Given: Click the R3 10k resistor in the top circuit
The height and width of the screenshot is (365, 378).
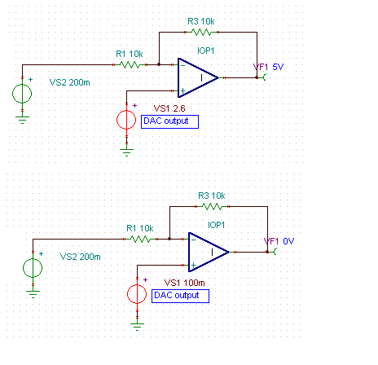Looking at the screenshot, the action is point(201,33).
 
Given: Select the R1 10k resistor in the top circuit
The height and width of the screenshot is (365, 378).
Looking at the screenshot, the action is point(130,64).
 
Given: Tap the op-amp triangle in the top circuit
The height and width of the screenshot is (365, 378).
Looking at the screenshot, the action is point(198,77).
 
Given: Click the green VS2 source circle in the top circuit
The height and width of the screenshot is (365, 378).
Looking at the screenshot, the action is point(22,94).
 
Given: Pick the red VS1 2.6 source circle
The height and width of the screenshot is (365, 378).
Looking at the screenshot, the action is point(126,120).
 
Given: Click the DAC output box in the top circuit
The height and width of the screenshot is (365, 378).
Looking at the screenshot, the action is point(169,121).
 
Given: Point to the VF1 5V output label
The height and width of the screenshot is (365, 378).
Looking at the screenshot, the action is point(268,67).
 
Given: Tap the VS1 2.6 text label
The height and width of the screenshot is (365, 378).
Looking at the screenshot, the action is point(169,108).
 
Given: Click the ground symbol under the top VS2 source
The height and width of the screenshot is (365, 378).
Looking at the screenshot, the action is point(22,120).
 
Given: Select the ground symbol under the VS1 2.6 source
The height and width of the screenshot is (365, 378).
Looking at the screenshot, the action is point(126,152).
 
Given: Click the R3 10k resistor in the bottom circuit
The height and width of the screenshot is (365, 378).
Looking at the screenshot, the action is point(212,207).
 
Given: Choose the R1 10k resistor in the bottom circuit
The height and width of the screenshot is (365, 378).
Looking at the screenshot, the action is point(140,239).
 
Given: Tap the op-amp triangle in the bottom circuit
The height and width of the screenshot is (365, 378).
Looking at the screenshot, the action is point(209,252).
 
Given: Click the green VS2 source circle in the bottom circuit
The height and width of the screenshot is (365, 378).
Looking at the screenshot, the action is point(33,268).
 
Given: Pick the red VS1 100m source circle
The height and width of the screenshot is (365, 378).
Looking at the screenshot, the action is point(137,294).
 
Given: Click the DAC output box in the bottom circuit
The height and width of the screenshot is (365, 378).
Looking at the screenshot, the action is point(180,296).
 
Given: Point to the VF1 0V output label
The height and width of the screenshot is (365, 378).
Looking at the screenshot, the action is point(279,241).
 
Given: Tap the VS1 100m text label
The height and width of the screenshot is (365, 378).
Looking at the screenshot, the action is point(185,283).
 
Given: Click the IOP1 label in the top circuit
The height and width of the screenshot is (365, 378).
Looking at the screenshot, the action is point(205,51).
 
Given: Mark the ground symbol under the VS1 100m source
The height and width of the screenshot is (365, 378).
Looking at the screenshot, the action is point(137,327).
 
